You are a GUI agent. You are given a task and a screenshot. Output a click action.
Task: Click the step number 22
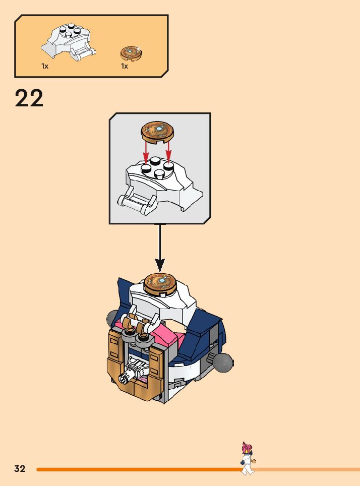pos(29,98)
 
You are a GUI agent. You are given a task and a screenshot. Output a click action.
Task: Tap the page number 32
pos(20,469)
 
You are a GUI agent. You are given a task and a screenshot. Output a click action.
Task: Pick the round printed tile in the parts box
pos(131,52)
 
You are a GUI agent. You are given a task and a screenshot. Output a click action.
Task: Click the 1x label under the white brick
pos(45,66)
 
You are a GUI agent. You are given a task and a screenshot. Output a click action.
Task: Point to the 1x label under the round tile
pos(124,66)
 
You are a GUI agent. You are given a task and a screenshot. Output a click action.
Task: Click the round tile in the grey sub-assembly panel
pos(157,130)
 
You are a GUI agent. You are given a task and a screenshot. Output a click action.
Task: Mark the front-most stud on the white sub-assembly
pos(159,174)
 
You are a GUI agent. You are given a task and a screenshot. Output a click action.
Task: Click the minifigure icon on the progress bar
pos(248,458)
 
